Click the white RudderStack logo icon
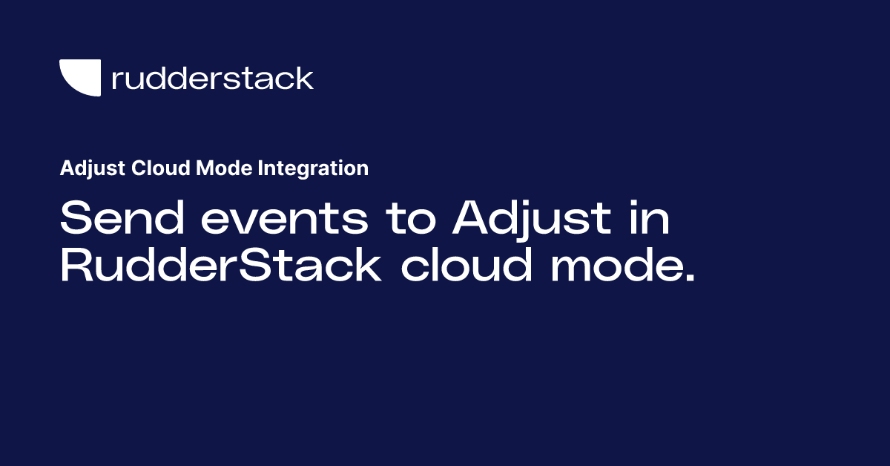tap(79, 76)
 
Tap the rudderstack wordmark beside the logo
tap(212, 78)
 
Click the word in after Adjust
tap(649, 220)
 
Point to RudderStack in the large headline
tap(220, 266)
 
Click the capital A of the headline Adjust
tap(475, 220)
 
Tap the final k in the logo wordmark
tap(305, 78)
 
